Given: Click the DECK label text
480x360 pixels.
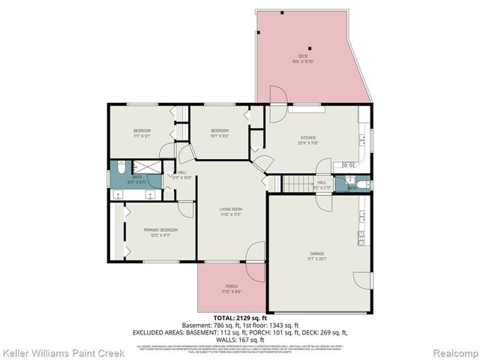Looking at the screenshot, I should (303, 56).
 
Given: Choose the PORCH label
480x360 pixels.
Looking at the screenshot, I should (232, 286).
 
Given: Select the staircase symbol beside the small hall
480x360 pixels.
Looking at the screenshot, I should (294, 184).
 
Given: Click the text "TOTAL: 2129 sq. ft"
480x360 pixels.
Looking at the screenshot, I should (239, 318).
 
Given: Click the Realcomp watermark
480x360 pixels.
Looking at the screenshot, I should (454, 352).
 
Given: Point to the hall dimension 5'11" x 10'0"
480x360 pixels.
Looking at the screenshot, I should (182, 177).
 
